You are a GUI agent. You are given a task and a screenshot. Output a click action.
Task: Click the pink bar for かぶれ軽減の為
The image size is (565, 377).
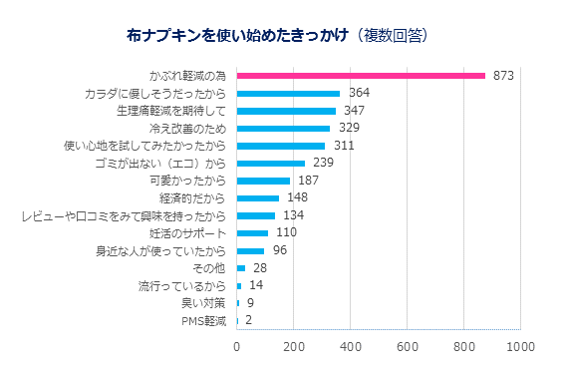click(x=361, y=76)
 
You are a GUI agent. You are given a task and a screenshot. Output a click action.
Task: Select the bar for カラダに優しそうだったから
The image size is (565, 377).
click(x=288, y=94)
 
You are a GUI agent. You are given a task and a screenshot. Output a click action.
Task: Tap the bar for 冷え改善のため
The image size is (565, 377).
click(x=283, y=129)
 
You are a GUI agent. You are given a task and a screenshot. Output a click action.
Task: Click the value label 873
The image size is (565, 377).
click(x=503, y=76)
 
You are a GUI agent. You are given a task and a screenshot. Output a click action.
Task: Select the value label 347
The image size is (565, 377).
click(x=354, y=111)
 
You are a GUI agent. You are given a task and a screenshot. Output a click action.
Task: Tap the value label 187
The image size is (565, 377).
click(x=308, y=181)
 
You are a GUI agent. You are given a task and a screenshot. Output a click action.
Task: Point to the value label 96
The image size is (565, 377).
click(x=280, y=250)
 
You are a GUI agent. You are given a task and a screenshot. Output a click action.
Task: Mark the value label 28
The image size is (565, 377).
click(x=260, y=268)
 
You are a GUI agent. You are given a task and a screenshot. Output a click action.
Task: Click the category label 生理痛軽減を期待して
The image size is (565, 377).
click(x=172, y=111)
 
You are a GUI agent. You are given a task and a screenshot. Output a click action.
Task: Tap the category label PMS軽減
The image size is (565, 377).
click(x=205, y=320)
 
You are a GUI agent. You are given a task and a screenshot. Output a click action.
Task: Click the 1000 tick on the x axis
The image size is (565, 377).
click(x=520, y=346)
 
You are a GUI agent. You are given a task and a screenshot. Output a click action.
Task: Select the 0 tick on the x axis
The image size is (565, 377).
click(x=237, y=346)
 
